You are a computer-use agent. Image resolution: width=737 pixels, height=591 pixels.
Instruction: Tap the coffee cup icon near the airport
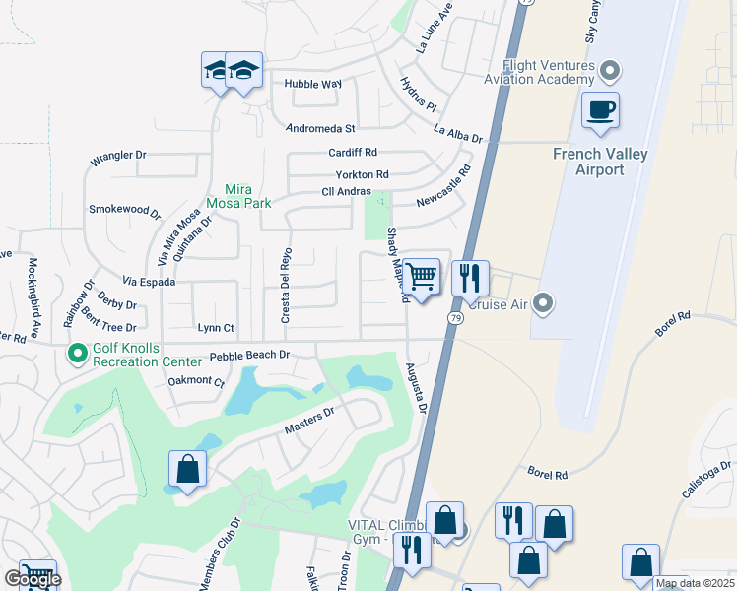pos(599,110)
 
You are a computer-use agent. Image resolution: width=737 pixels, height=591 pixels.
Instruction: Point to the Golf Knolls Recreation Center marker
pos(77,352)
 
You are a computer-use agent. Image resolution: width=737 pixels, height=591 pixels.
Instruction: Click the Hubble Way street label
pos(312,85)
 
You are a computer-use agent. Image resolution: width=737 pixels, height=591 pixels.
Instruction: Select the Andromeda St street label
pos(320,128)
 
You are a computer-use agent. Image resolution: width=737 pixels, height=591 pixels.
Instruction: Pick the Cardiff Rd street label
pos(354,153)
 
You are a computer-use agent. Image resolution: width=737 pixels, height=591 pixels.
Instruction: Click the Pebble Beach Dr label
pos(249,355)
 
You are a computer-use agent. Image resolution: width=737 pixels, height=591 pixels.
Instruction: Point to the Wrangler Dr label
pos(118,156)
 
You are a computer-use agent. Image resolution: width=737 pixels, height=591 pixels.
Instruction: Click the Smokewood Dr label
pos(124,211)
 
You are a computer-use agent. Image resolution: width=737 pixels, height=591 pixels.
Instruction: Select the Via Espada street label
pos(149,282)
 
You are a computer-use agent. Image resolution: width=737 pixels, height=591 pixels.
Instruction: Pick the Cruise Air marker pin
pos(541,303)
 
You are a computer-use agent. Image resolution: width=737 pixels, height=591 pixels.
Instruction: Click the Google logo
pos(33,580)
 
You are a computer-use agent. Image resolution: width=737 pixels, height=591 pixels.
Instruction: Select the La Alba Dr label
pos(458,134)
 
